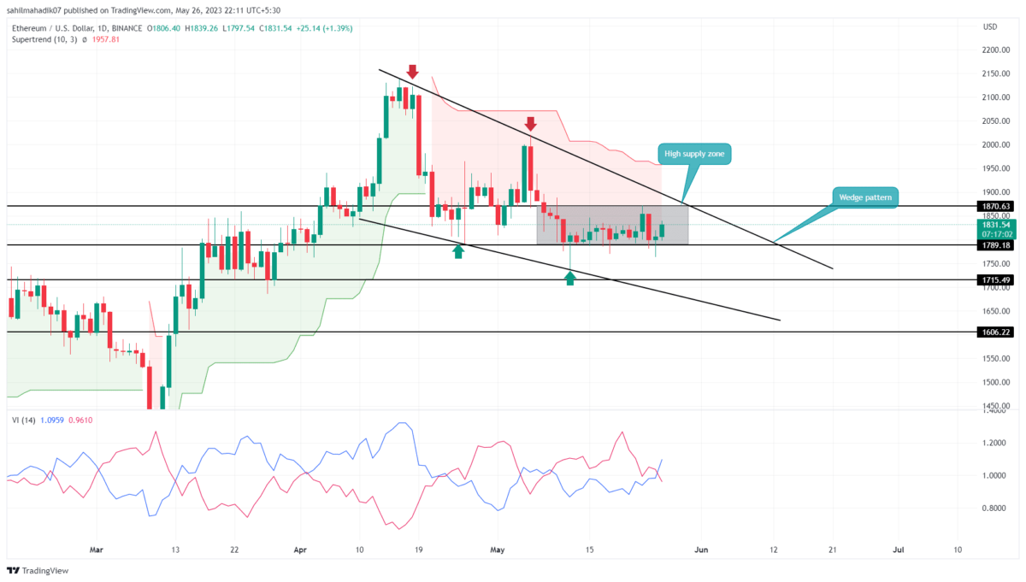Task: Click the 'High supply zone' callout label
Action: point(693,154)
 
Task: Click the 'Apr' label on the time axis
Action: point(300,549)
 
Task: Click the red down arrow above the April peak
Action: point(413,71)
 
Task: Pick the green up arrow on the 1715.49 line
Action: point(570,277)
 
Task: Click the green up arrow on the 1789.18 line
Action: point(459,251)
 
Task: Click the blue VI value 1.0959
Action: point(50,420)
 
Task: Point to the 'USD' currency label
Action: point(990,27)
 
